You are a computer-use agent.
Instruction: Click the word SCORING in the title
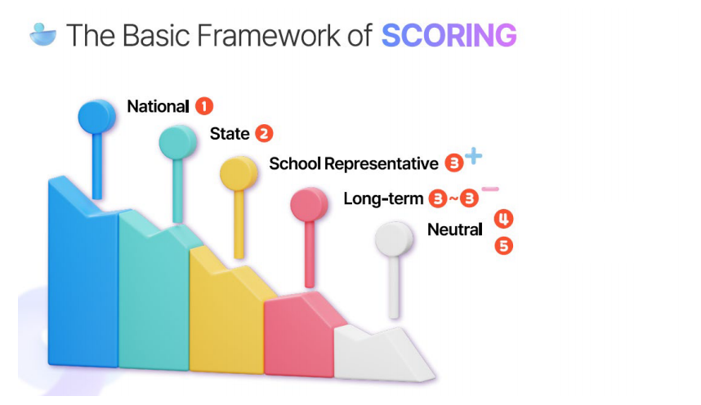(x=449, y=35)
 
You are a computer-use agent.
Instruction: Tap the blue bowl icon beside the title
(x=43, y=34)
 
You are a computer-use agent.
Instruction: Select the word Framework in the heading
(x=268, y=35)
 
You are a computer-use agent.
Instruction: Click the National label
(x=159, y=106)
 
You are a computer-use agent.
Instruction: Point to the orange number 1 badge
(x=204, y=106)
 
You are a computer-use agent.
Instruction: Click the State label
(x=230, y=134)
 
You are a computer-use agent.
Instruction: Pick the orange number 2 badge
(x=264, y=134)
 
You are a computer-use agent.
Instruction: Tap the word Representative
(x=382, y=164)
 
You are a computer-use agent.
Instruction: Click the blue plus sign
(x=473, y=157)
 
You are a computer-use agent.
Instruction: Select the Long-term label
(x=383, y=198)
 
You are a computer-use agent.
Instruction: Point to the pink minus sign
(x=490, y=189)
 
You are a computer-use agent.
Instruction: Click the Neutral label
(x=454, y=229)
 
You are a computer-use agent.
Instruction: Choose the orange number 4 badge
(x=503, y=219)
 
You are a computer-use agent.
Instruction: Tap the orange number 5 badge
(x=503, y=246)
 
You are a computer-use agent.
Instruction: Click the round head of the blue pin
(x=97, y=117)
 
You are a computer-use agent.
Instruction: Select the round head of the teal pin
(x=178, y=142)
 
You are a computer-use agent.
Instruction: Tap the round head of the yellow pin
(x=239, y=173)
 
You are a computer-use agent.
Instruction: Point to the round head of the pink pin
(x=310, y=205)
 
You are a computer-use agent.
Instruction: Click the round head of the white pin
(x=394, y=238)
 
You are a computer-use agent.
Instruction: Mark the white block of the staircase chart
(x=380, y=355)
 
